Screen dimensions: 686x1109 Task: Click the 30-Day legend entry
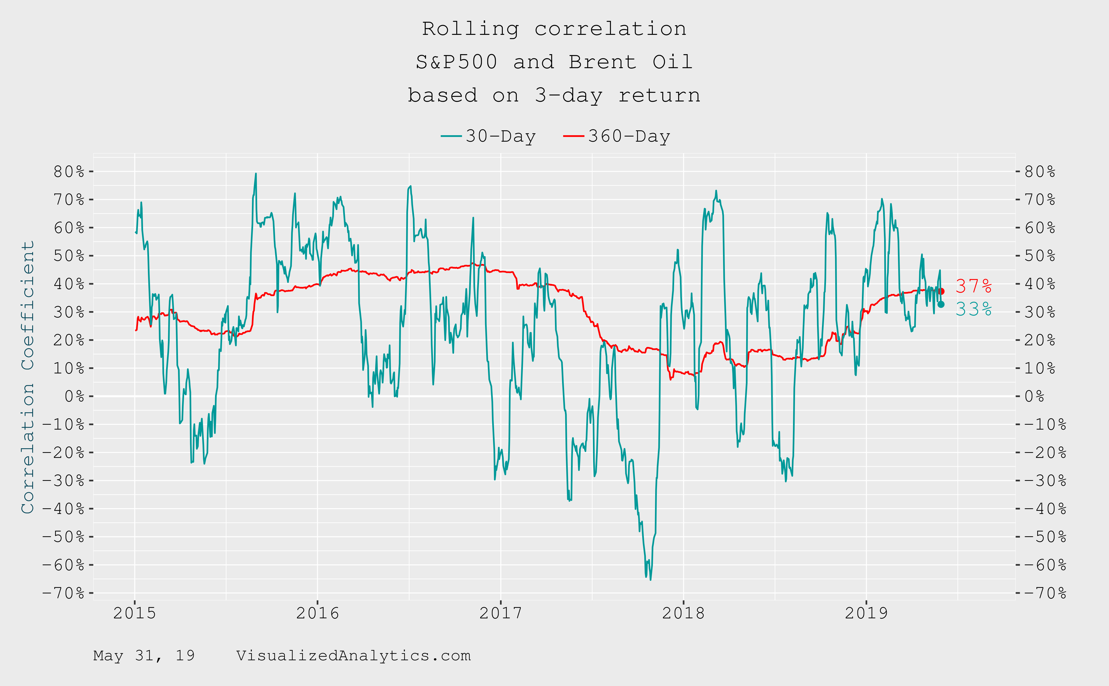[x=489, y=136]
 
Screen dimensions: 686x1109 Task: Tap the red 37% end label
[x=973, y=286]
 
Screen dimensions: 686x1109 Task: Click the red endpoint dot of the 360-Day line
[x=941, y=291]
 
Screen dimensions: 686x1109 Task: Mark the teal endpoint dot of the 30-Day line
[x=941, y=304]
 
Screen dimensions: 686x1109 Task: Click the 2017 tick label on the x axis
[x=500, y=613]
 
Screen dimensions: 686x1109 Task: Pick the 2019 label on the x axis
[x=866, y=613]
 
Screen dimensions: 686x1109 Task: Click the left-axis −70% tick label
[x=63, y=593]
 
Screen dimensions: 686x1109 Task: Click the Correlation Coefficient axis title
[x=28, y=377]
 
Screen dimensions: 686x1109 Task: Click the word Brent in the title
[x=602, y=62]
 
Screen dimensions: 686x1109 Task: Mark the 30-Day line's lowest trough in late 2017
[x=650, y=579]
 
